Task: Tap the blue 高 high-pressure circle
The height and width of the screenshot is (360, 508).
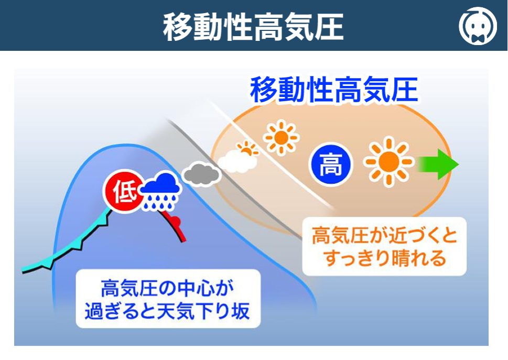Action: point(330,164)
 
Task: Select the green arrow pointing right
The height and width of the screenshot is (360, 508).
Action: point(438,164)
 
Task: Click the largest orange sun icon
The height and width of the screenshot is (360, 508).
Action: point(389,162)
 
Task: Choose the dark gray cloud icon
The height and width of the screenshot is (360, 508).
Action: point(201,174)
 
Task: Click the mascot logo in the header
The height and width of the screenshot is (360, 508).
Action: point(478,26)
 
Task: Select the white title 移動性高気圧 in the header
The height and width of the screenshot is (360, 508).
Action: point(253,27)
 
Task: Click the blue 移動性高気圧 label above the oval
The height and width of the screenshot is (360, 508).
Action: point(334,90)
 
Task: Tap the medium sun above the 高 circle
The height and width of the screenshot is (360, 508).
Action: point(281,138)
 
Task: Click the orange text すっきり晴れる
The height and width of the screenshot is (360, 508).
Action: point(385,259)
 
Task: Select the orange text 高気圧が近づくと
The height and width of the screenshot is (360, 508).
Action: point(385,235)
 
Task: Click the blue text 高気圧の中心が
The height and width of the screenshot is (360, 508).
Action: point(167,288)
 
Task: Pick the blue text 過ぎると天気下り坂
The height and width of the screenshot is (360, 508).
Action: point(167,311)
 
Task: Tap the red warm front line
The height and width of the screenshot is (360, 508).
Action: point(174,226)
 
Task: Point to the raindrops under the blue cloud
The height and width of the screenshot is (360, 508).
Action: point(160,201)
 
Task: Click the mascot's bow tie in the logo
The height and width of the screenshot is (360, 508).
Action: point(478,38)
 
